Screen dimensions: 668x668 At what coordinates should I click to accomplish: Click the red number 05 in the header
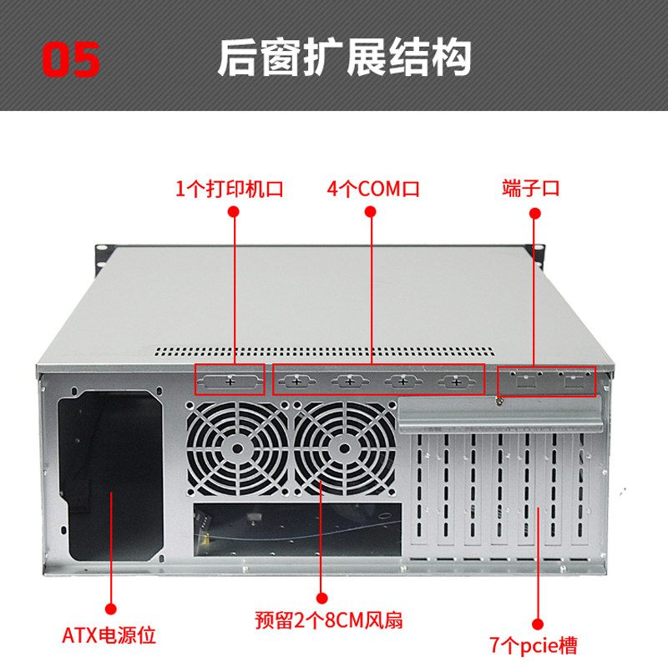coord(72,59)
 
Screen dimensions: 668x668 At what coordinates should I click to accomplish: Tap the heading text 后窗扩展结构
coord(344,58)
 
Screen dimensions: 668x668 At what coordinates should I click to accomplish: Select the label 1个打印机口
coord(230,188)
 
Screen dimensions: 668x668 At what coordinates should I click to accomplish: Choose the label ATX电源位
coord(109,635)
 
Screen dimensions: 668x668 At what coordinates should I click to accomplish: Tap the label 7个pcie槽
coord(534,645)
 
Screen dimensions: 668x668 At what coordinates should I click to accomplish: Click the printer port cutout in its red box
coord(231,382)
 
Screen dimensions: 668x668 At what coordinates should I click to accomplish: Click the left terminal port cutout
coord(525,382)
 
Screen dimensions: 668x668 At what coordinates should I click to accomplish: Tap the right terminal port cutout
coord(573,382)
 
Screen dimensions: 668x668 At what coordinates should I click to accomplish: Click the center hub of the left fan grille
coord(237,449)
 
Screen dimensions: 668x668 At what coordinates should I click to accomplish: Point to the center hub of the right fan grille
coord(343,449)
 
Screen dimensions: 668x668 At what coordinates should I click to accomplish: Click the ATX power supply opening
coord(109,478)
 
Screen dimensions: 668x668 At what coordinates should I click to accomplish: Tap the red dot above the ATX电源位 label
coord(109,610)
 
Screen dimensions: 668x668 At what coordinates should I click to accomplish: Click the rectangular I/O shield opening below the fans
coord(297,529)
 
